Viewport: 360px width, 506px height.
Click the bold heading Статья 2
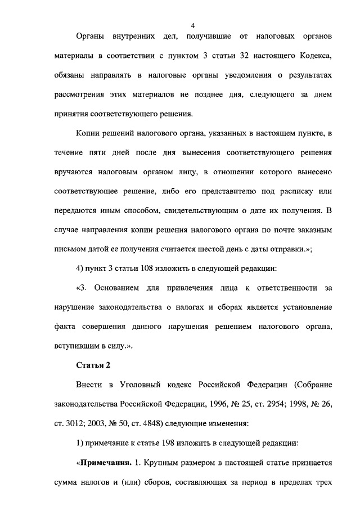click(93, 365)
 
